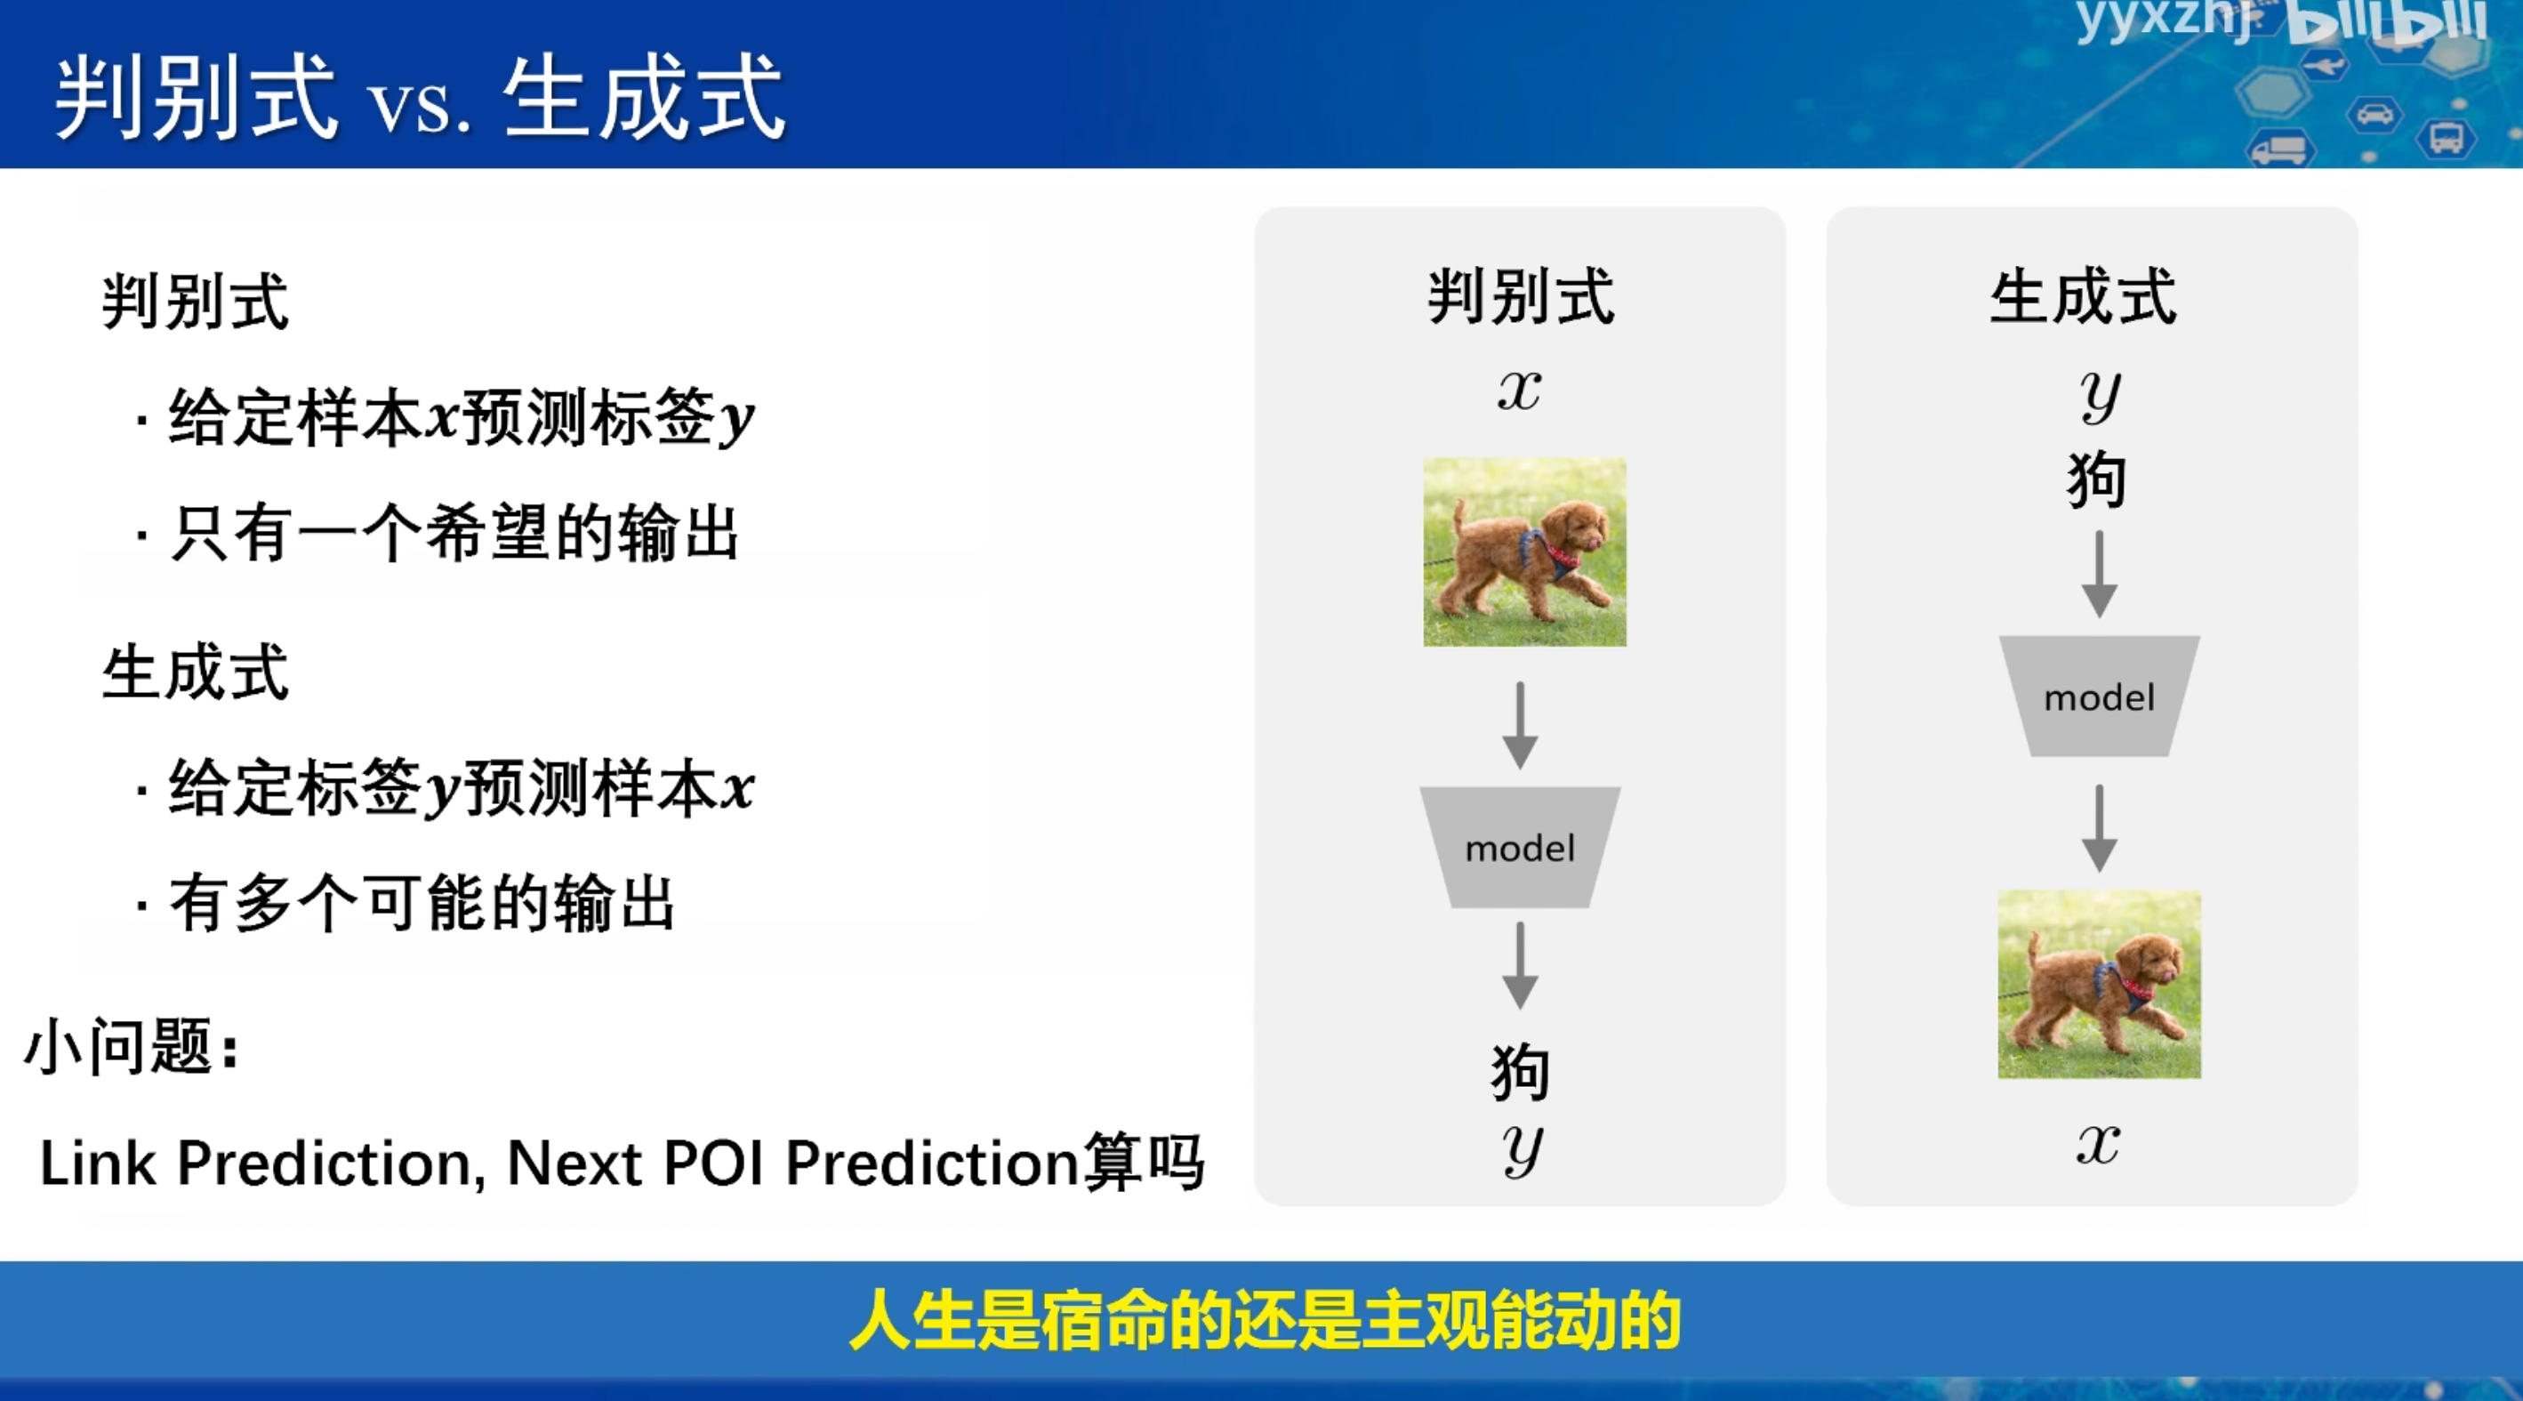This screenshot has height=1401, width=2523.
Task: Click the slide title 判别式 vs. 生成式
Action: click(419, 98)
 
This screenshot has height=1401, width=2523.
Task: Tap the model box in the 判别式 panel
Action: click(1520, 848)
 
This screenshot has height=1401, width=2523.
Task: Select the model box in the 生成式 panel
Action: click(2099, 696)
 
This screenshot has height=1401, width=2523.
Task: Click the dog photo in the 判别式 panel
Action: click(1524, 552)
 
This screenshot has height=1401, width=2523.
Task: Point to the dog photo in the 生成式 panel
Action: click(2099, 985)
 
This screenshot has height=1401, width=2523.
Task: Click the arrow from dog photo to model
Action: click(1520, 725)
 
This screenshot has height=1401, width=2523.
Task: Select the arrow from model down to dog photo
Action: click(2099, 828)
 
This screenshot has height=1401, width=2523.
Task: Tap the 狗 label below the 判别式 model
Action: click(1520, 1072)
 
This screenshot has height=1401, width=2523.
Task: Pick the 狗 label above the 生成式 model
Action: click(2097, 480)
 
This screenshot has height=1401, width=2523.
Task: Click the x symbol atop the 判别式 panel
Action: click(1519, 389)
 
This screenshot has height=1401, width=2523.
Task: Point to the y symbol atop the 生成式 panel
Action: click(2100, 395)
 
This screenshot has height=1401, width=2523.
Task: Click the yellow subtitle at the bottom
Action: click(1265, 1321)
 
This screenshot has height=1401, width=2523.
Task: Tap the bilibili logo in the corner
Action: click(2387, 21)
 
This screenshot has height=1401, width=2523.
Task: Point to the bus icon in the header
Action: click(2446, 137)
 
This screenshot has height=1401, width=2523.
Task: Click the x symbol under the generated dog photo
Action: click(2098, 1143)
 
